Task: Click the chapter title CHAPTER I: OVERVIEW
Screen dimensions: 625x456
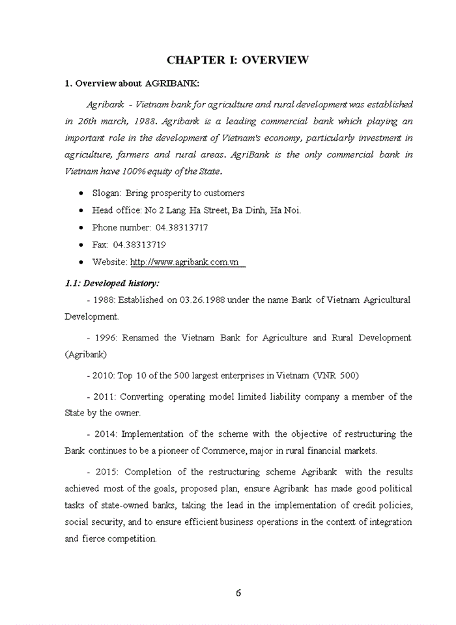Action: pyautogui.click(x=237, y=61)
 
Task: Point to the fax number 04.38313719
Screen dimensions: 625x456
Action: pyautogui.click(x=139, y=245)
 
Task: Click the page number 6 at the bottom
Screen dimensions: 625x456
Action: pyautogui.click(x=238, y=592)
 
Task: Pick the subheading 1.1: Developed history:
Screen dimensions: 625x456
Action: pyautogui.click(x=111, y=284)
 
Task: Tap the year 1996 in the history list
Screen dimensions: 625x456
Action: pyautogui.click(x=106, y=338)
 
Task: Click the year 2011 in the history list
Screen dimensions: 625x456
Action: pyautogui.click(x=106, y=396)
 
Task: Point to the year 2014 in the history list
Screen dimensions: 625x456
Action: pyautogui.click(x=106, y=434)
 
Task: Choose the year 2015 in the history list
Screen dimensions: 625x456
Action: pyautogui.click(x=106, y=472)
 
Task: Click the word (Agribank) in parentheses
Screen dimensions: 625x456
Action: pyautogui.click(x=86, y=355)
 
